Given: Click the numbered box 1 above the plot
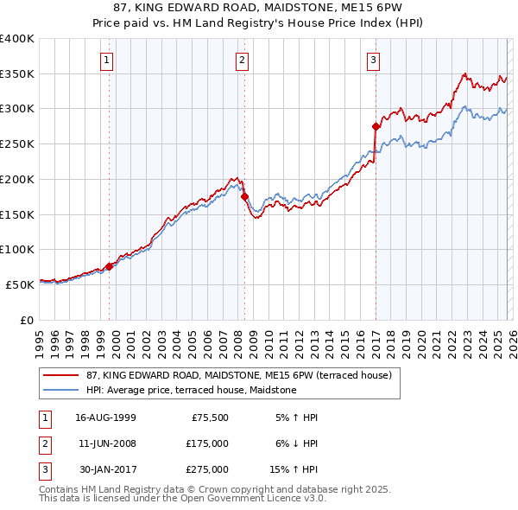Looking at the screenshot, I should click(x=106, y=60).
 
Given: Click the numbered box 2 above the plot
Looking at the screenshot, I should click(x=241, y=60).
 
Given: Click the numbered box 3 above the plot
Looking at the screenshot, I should click(x=373, y=60).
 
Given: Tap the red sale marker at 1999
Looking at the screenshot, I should click(x=110, y=266).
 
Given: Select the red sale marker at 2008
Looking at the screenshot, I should click(x=244, y=197).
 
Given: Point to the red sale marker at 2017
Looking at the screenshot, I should click(x=376, y=126).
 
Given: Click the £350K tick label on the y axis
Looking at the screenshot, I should click(x=16, y=74).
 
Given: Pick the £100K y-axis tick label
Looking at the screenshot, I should click(x=16, y=249).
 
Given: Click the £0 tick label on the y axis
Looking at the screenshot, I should click(x=26, y=320).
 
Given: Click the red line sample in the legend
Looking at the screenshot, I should click(x=61, y=375).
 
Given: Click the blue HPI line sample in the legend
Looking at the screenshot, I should click(x=61, y=391).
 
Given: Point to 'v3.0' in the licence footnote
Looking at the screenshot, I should click(x=313, y=499).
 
